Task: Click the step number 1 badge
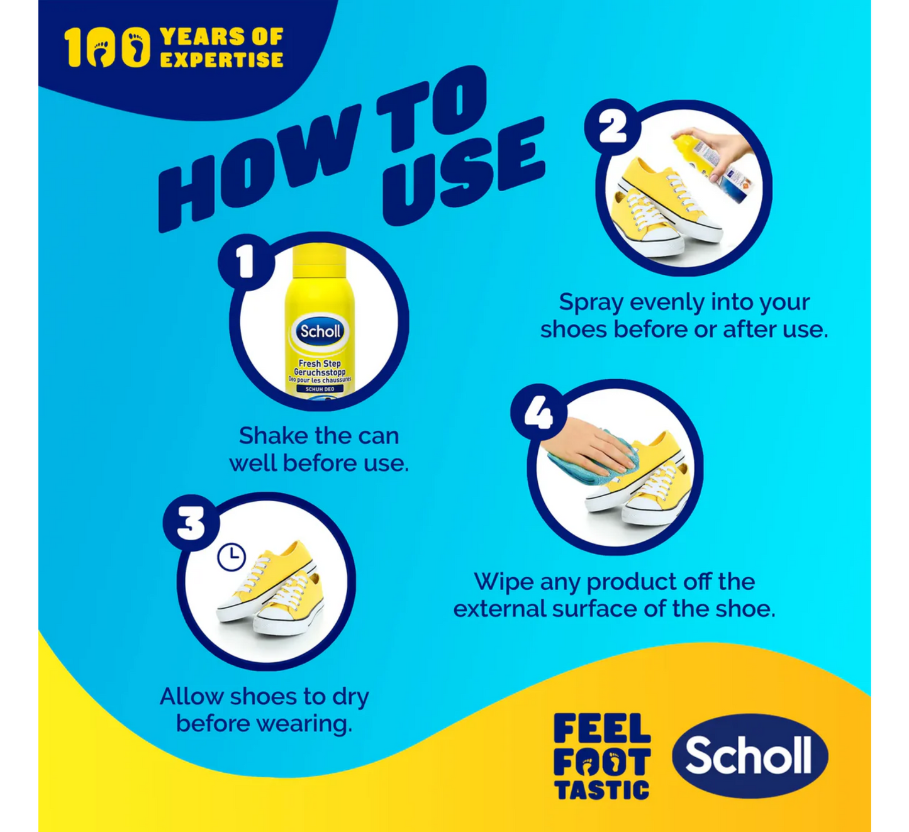pos(246,262)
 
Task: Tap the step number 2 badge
pos(613,127)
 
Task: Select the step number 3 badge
pos(191,523)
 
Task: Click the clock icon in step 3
pos(231,557)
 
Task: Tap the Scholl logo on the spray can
pos(320,331)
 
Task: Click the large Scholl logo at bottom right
pos(749,756)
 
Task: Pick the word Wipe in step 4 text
pos(504,582)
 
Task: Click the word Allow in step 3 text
pos(191,697)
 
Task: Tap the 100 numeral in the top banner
pos(107,47)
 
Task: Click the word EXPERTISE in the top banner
pos(221,60)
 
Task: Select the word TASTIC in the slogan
pos(601,790)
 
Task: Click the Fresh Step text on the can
pos(320,363)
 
